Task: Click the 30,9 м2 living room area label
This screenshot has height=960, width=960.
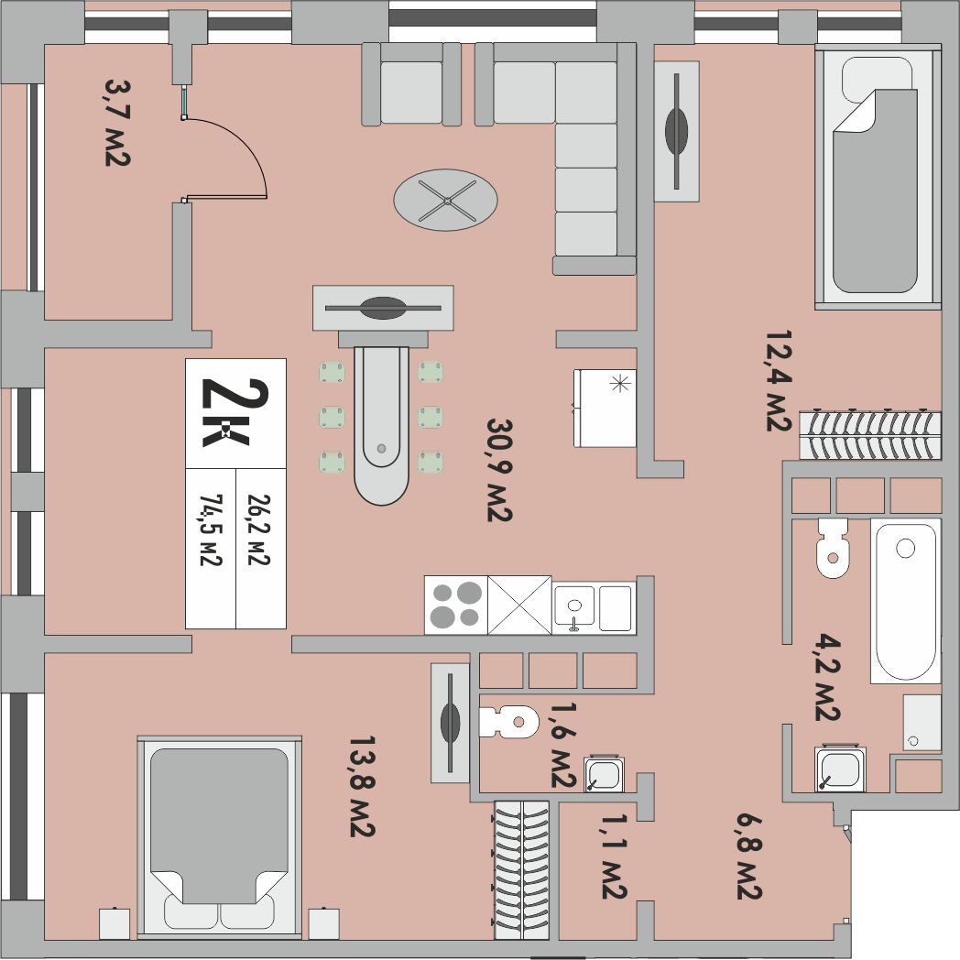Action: coord(499,470)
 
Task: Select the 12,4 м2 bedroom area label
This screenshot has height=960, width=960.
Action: coord(779,380)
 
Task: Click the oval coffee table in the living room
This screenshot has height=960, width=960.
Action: coord(446,200)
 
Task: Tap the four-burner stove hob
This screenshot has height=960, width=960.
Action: coord(455,605)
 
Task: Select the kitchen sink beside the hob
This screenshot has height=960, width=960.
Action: coord(574,605)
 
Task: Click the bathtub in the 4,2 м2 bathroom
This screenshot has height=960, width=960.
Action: coord(905,600)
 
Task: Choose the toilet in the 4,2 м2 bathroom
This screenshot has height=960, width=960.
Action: coord(833,548)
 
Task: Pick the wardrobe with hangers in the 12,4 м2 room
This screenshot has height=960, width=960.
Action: coord(869,434)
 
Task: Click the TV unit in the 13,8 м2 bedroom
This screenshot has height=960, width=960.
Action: coord(450,723)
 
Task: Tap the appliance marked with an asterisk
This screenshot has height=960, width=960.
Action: coord(605,408)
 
